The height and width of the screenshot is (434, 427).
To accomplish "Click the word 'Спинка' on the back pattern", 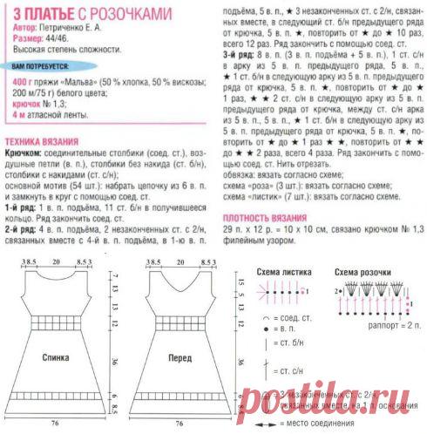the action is (x=56, y=357).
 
